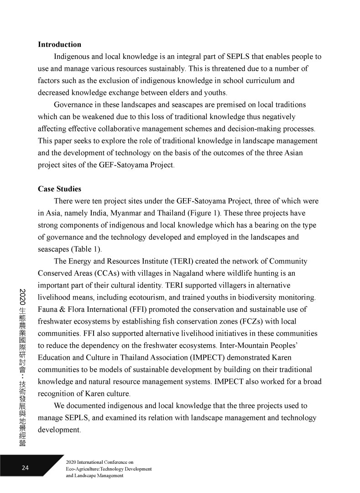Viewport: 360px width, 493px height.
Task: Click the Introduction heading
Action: (x=59, y=45)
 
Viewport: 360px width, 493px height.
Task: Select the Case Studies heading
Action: (x=59, y=189)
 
